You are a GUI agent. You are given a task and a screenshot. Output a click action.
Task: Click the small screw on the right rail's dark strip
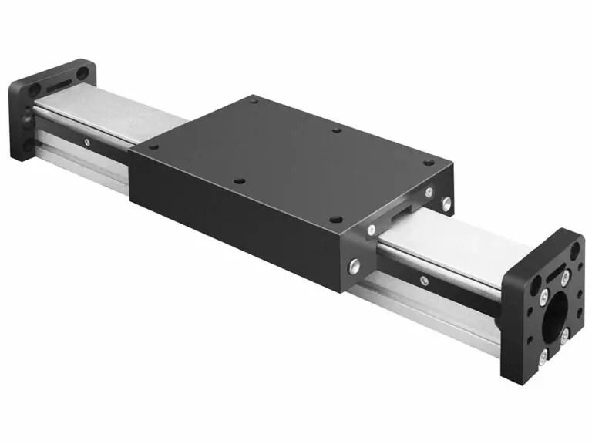422,281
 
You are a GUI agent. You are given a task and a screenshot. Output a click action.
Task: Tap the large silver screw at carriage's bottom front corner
354,266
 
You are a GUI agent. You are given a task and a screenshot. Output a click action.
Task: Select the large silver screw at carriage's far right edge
446,203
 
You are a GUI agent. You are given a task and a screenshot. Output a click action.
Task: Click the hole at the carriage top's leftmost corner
153,146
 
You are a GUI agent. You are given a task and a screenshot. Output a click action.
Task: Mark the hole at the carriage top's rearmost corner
254,101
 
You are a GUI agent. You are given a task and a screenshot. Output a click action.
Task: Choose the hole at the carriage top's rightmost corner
429,163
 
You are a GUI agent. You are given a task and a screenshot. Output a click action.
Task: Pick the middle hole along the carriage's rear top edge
336,130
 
